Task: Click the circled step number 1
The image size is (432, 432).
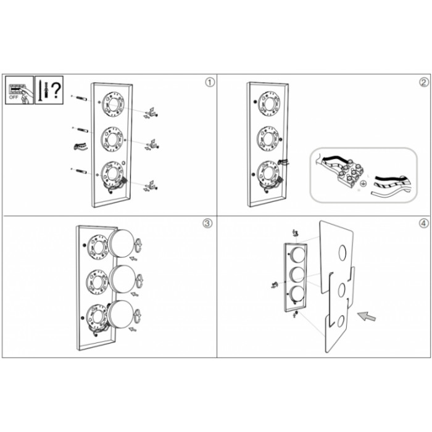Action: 210,82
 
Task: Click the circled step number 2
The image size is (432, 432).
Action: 424,82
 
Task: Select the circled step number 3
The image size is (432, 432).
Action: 207,223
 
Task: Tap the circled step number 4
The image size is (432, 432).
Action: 424,223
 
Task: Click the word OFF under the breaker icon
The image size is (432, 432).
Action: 14,98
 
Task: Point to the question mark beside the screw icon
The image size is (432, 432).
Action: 56,90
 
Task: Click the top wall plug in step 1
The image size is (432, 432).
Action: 79,98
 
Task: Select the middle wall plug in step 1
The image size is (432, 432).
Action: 80,129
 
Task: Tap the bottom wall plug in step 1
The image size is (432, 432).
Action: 79,170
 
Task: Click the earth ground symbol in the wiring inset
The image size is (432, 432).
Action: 363,183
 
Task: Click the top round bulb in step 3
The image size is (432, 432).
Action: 121,244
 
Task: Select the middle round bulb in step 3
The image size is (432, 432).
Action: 122,279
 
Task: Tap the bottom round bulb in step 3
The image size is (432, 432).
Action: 121,314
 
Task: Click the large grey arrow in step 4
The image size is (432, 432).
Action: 366,316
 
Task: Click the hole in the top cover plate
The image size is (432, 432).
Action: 343,252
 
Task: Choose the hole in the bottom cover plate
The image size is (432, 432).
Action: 341,322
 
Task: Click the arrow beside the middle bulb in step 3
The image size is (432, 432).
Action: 135,294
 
